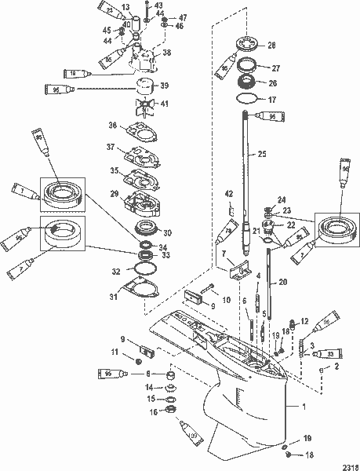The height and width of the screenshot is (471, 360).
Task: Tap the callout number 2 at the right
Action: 338,366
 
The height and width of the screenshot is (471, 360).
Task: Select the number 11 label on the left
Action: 115,353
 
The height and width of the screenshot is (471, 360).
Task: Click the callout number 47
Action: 182,17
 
